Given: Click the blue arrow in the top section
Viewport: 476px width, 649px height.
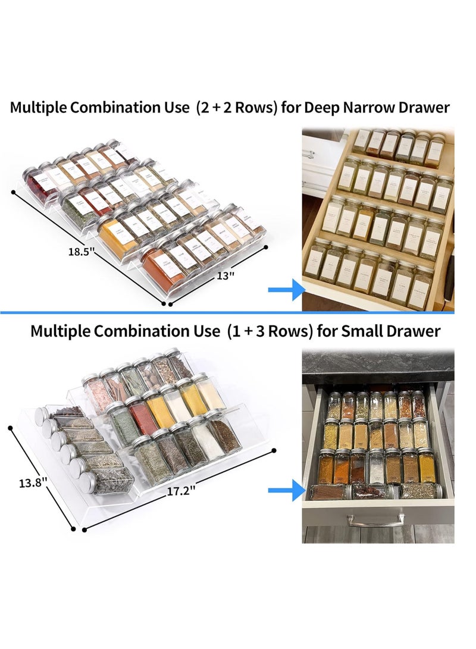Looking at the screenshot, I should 286,290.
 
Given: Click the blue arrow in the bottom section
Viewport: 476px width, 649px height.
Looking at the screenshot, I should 286,490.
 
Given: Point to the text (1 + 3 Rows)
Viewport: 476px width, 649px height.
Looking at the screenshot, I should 269,331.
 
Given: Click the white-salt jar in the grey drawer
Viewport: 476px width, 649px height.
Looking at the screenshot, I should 376,467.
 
